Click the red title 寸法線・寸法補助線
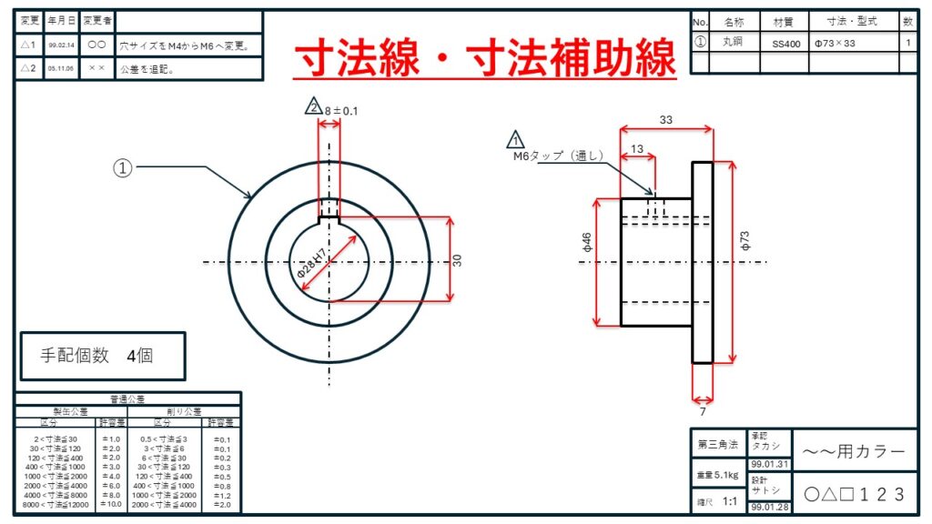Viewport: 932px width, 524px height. point(484,59)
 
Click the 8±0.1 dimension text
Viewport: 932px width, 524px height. point(341,111)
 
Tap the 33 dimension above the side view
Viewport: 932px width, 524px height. point(665,119)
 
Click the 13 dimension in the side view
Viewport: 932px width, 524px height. point(636,149)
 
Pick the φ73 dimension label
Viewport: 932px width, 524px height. point(745,242)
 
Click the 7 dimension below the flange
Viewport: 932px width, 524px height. point(702,411)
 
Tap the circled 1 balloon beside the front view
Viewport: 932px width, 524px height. point(123,167)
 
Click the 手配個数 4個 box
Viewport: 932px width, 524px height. point(103,356)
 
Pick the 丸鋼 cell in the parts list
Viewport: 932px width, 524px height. point(733,42)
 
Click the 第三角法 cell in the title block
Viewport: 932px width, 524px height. point(717,445)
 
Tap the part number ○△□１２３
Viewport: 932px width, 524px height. point(855,494)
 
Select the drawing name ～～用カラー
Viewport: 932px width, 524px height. point(855,451)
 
